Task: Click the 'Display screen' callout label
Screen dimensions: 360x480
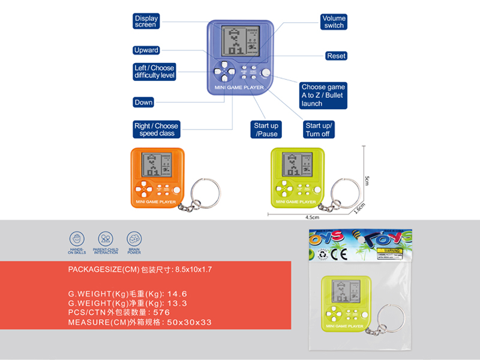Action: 146,22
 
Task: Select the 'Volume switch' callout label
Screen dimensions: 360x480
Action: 334,22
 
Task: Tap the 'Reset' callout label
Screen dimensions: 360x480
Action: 336,56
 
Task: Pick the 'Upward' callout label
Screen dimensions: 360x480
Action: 146,50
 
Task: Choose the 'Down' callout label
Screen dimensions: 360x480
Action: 143,103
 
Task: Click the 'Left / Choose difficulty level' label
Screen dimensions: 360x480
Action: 155,72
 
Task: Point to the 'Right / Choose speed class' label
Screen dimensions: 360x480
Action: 156,130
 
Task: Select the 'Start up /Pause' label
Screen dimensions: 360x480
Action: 266,130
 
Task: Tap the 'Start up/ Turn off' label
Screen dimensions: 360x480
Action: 319,130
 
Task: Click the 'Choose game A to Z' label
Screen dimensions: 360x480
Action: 323,95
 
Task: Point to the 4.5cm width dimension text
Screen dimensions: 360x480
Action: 311,217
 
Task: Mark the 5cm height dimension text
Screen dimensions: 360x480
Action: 368,179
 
